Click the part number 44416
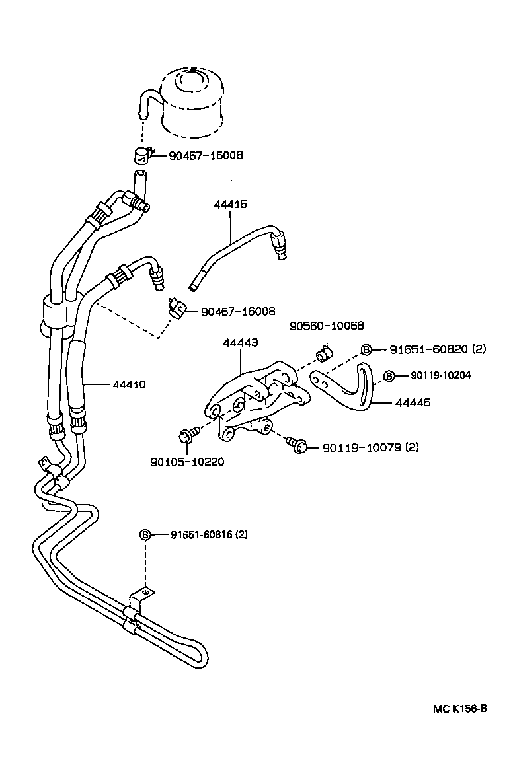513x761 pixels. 230,205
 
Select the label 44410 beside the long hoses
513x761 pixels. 130,384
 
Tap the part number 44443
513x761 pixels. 240,344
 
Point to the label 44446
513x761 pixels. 413,402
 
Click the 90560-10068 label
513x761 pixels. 327,326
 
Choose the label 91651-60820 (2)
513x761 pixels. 437,349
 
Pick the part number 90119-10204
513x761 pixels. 441,375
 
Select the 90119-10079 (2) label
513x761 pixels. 370,448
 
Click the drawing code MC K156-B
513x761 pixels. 460,709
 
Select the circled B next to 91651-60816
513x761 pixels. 146,534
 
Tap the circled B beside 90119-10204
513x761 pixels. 389,375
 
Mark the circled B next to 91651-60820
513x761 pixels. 367,349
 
